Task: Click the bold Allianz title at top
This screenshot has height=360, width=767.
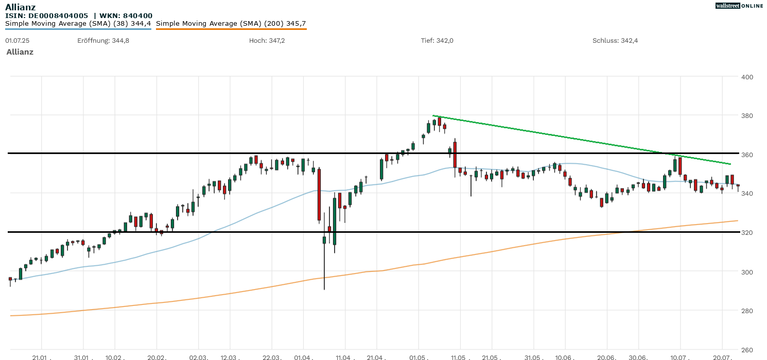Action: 20,7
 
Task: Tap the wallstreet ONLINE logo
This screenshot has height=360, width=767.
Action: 739,6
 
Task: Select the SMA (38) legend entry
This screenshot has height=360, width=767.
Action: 78,24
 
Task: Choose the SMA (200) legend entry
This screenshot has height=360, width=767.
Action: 231,24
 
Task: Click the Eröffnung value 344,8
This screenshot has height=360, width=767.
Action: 120,41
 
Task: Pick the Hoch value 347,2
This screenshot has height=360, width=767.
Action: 276,41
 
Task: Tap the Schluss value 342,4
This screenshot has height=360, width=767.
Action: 629,41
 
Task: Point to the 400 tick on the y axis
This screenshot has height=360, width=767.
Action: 747,77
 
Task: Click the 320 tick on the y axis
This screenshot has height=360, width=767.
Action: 747,232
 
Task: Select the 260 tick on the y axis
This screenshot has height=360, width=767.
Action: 747,349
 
